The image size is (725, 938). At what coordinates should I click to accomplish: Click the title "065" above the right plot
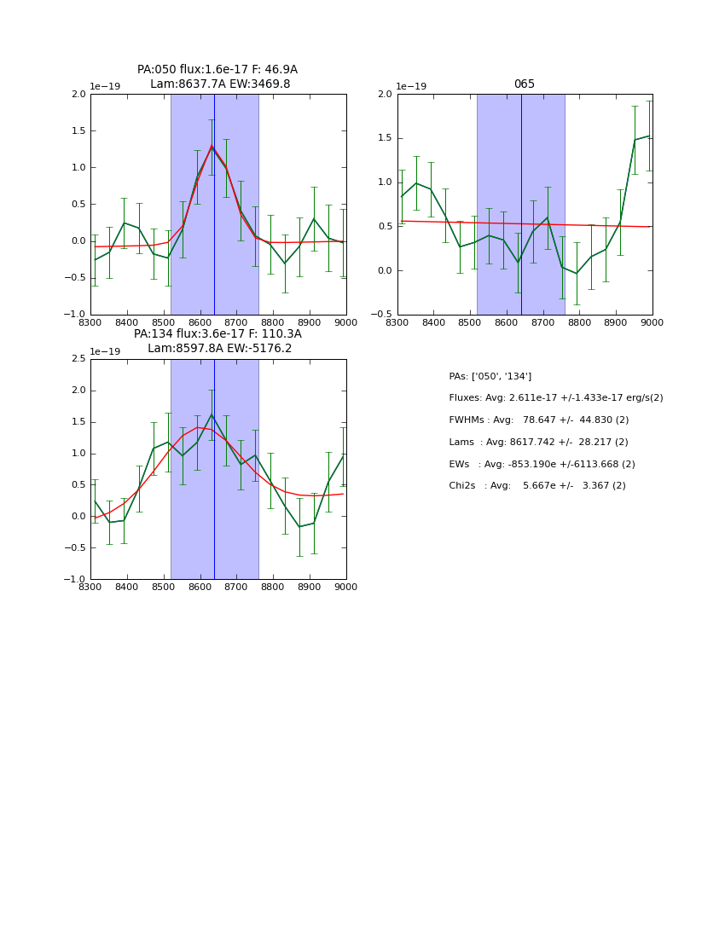(524, 84)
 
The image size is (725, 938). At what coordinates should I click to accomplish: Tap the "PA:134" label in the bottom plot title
(154, 334)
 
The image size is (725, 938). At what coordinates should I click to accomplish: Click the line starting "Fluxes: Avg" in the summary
(555, 398)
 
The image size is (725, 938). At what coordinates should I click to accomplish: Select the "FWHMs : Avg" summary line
(538, 420)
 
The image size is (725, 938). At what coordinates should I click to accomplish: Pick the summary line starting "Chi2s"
(536, 486)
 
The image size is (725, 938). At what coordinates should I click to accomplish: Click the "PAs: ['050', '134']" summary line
(490, 376)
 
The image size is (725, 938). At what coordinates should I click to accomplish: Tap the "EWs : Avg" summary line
(542, 465)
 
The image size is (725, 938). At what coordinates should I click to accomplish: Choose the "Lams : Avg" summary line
(538, 443)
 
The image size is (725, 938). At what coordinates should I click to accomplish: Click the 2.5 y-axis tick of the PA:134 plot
(78, 359)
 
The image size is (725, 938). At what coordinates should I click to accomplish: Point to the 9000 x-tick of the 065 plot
(652, 323)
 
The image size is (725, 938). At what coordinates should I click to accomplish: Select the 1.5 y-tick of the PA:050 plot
(78, 131)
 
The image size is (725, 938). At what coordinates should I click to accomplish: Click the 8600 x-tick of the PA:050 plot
(200, 323)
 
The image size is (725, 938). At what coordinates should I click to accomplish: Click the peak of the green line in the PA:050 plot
(212, 147)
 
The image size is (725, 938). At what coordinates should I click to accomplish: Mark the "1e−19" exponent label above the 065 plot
(412, 87)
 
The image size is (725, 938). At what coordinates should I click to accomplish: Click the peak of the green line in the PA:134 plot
(212, 414)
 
